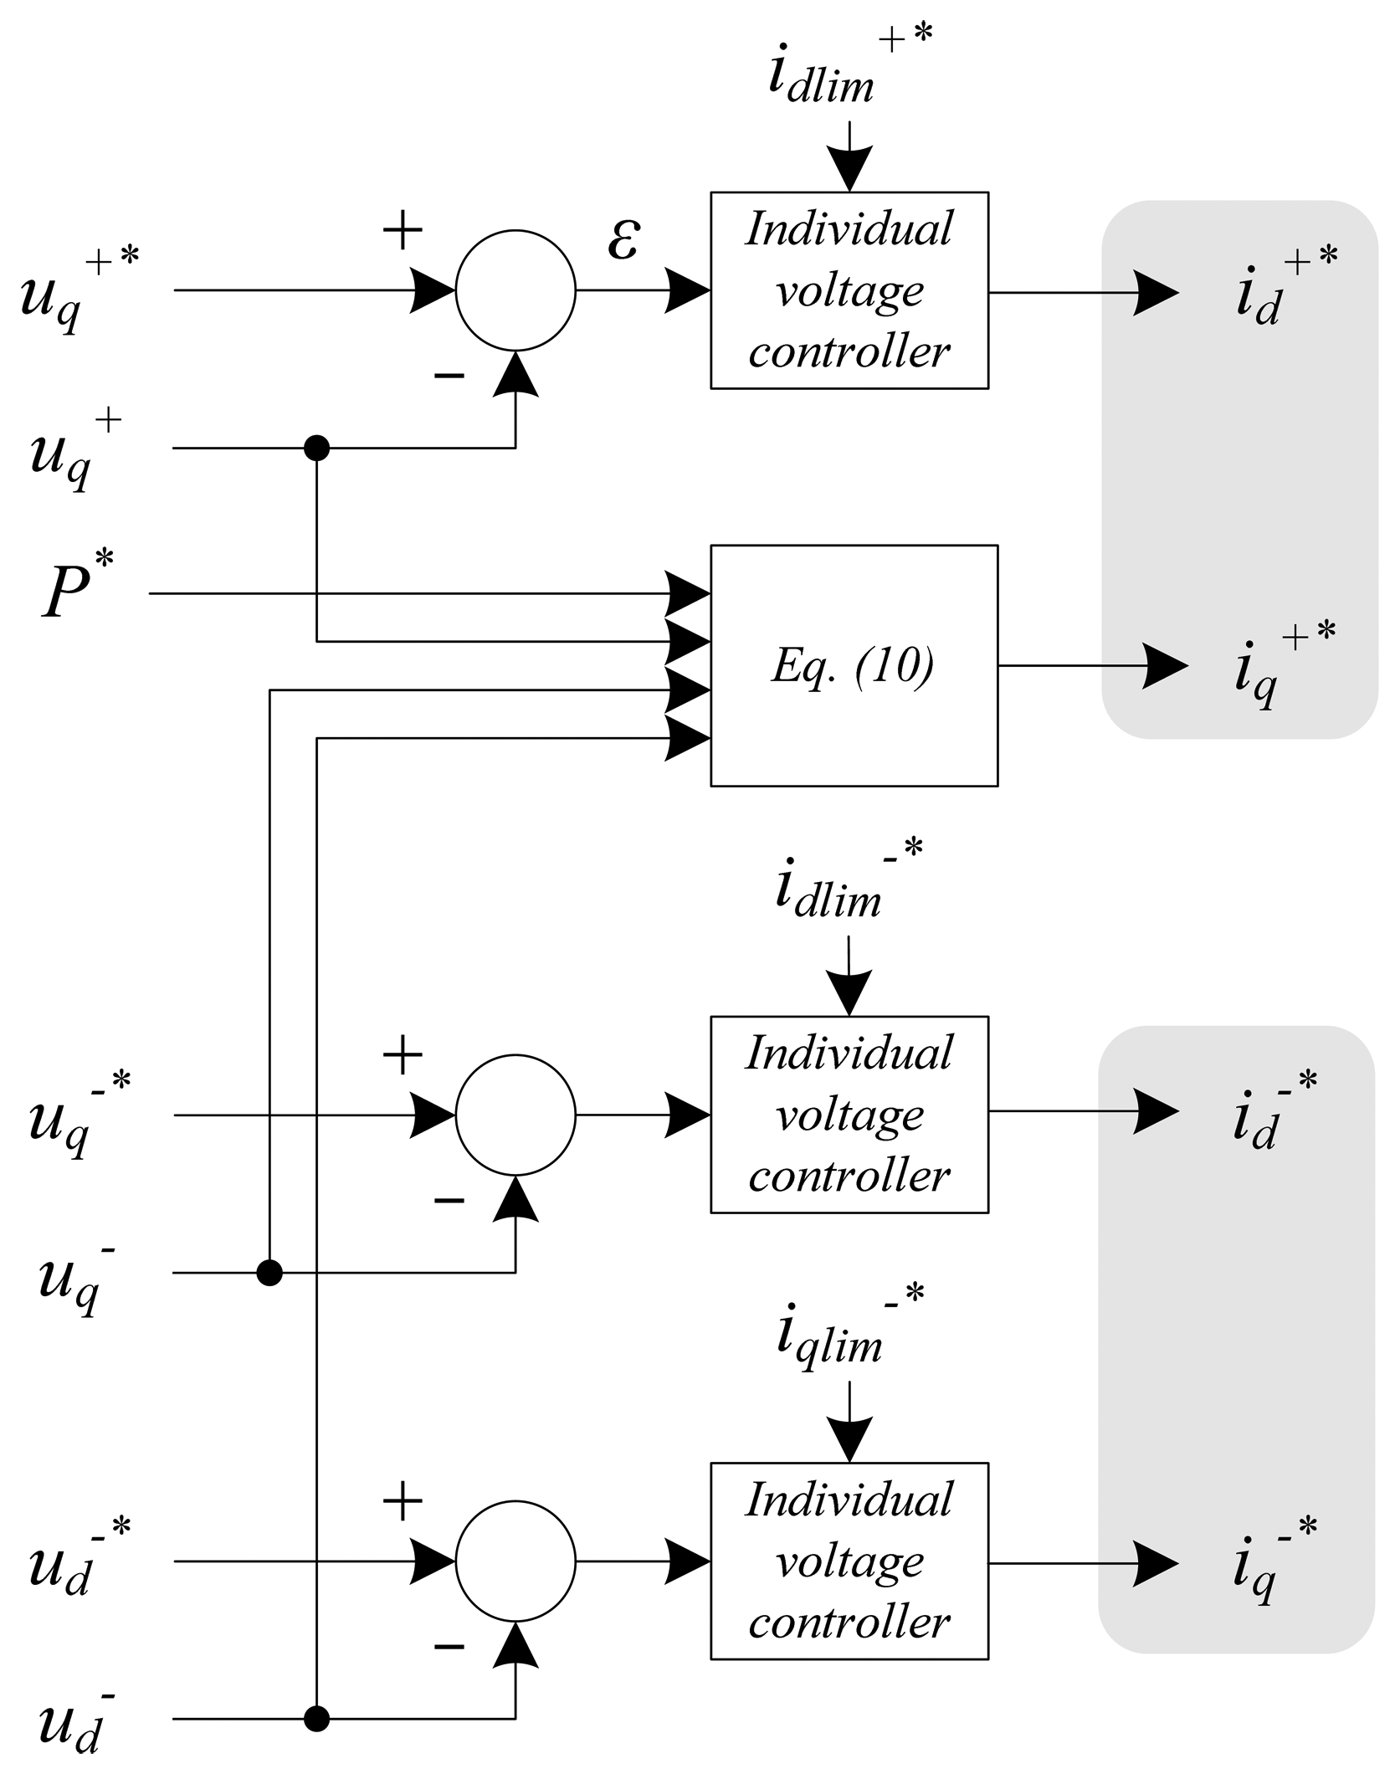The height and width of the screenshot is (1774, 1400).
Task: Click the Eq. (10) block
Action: pyautogui.click(x=854, y=665)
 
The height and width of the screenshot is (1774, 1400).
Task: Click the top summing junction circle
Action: pyautogui.click(x=515, y=290)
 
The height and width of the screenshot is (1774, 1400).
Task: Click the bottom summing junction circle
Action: pyautogui.click(x=515, y=1561)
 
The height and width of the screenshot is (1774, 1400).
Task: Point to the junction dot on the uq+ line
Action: pyautogui.click(x=316, y=448)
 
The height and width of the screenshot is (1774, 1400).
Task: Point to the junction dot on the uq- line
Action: pyautogui.click(x=269, y=1273)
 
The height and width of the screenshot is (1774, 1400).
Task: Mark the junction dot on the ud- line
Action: pyautogui.click(x=316, y=1720)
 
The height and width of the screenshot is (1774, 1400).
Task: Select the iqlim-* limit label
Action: pyautogui.click(x=845, y=1332)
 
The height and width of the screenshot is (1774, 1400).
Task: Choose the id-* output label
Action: pyautogui.click(x=1272, y=1113)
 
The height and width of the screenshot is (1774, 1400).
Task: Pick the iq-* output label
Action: pyautogui.click(x=1272, y=1561)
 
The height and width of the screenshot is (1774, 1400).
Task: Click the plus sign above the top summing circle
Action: pyautogui.click(x=403, y=230)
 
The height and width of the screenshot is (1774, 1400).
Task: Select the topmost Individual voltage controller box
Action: pyautogui.click(x=849, y=290)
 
